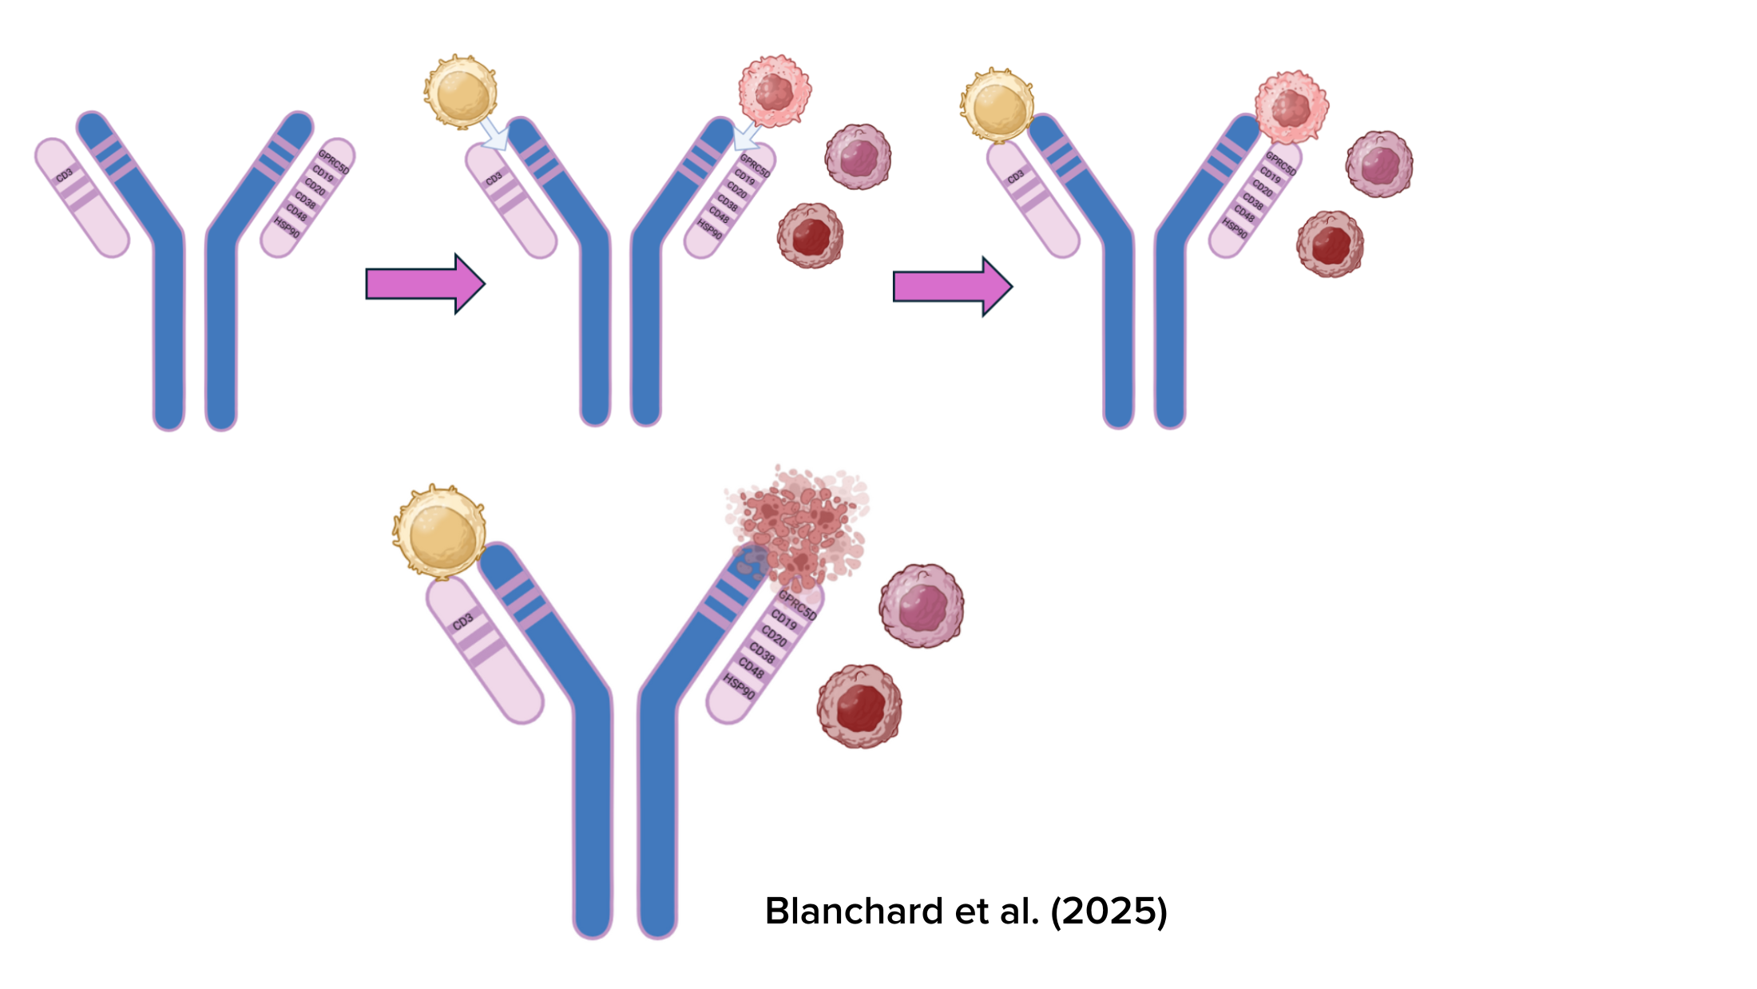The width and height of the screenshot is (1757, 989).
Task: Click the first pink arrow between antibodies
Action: tap(423, 284)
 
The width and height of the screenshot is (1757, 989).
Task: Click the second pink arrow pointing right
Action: tap(950, 286)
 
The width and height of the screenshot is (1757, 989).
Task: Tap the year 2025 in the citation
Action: tap(1109, 912)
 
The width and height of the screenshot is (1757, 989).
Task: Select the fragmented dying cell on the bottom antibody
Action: tap(799, 527)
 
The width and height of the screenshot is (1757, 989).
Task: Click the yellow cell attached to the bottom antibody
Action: tap(439, 532)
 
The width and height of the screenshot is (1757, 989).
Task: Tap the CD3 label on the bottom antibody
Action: tap(463, 622)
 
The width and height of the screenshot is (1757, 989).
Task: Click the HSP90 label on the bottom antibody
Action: tap(739, 685)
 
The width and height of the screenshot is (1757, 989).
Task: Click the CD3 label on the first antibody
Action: tap(65, 174)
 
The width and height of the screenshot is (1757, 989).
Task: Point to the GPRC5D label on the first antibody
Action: tap(333, 161)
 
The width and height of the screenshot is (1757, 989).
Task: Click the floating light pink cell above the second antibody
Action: tap(774, 91)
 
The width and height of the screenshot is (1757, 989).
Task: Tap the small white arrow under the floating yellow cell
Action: tap(494, 134)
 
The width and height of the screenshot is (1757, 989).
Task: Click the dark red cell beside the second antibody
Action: tap(810, 236)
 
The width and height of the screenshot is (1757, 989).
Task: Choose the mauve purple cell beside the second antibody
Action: tap(858, 157)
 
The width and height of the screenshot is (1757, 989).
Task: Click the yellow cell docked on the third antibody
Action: tap(997, 105)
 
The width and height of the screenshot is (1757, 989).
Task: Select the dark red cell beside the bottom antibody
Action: tap(859, 706)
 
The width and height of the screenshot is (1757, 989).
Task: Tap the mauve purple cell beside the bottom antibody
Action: tap(922, 606)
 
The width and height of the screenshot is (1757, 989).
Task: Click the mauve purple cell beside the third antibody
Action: tap(1379, 165)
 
